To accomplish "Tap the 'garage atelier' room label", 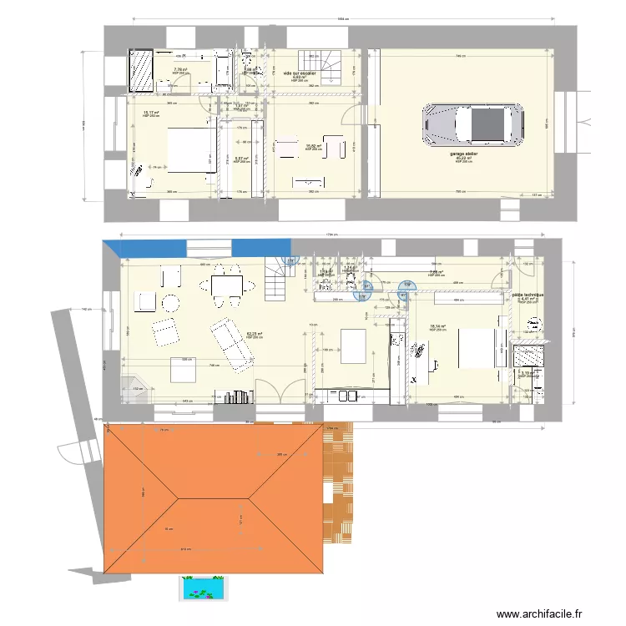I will point(463,154).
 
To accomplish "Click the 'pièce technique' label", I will point(528,295).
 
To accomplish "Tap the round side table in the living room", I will point(171,302).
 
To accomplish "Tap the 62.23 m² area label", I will point(255,334).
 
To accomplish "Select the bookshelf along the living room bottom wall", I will point(235,396).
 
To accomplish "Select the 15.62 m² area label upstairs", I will point(310,146).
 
